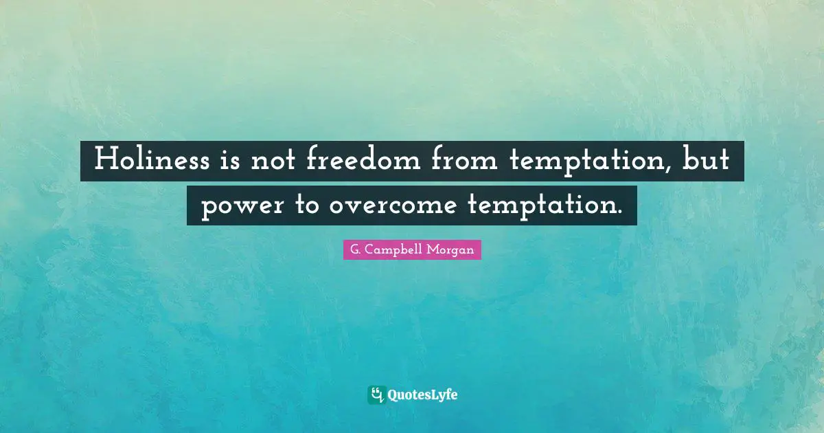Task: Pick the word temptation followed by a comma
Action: (x=591, y=162)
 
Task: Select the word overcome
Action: (x=390, y=206)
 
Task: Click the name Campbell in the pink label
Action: (x=394, y=250)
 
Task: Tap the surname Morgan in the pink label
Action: (x=451, y=250)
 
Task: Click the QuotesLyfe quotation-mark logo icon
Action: (x=376, y=395)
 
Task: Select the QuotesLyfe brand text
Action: (x=423, y=395)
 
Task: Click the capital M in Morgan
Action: (x=435, y=250)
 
